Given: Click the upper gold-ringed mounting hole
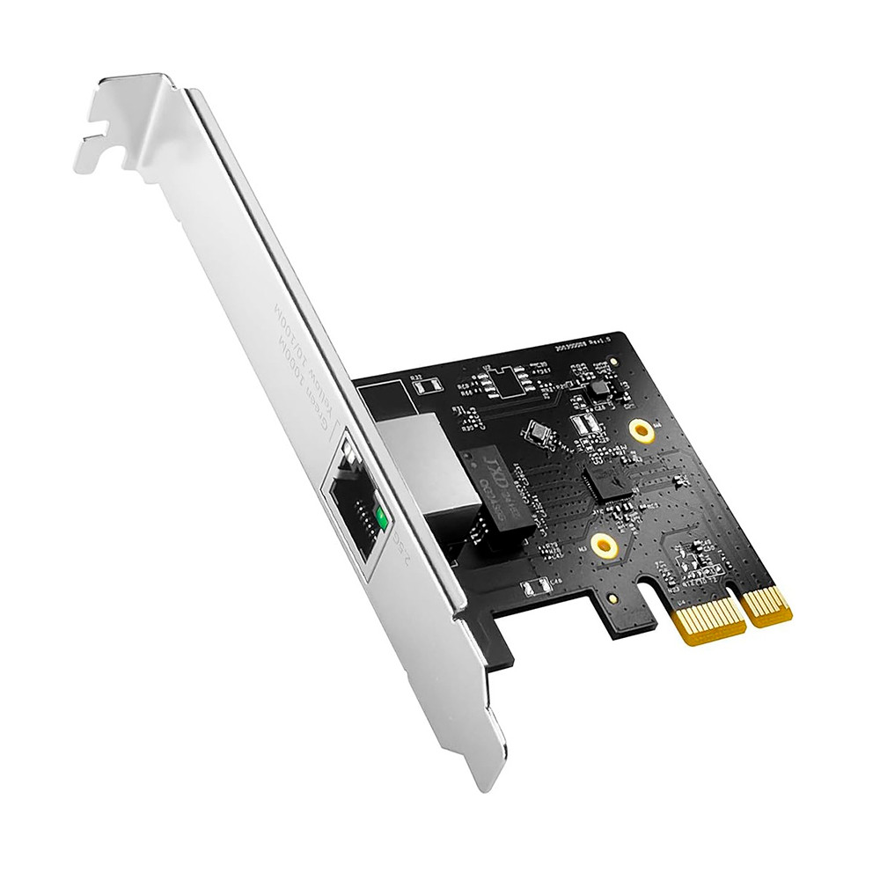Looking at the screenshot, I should tap(643, 430).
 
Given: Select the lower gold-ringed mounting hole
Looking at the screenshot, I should tap(603, 546).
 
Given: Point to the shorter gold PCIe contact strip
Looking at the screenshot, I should tap(766, 605).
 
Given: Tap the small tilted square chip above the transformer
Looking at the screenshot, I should tap(534, 432).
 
